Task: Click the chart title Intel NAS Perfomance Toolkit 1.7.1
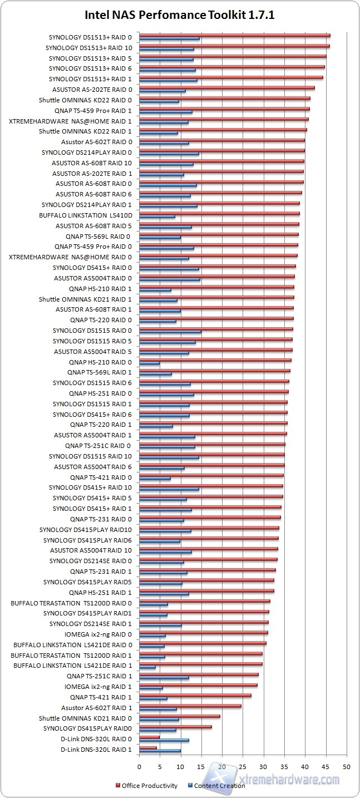pos(179,15)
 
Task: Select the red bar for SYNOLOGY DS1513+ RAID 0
pos(234,35)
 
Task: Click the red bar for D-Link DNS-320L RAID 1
pos(148,747)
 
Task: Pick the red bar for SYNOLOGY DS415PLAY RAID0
pos(175,726)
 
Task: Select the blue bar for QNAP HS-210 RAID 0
pos(149,363)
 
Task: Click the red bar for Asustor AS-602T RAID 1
pos(190,706)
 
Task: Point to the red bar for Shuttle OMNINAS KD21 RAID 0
pos(179,716)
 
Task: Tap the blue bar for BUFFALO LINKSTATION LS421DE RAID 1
pos(147,667)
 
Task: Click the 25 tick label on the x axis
pos(243,766)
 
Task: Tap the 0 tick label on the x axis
pos(139,766)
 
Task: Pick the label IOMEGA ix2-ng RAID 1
pos(98,687)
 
